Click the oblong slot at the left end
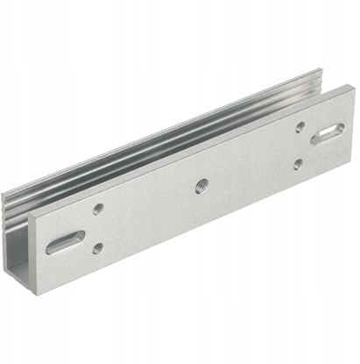[x=66, y=241]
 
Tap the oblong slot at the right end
[x=327, y=132]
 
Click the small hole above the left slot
[x=98, y=209]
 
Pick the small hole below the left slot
[x=97, y=248]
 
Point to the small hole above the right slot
[x=300, y=126]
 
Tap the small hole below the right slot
[x=298, y=163]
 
